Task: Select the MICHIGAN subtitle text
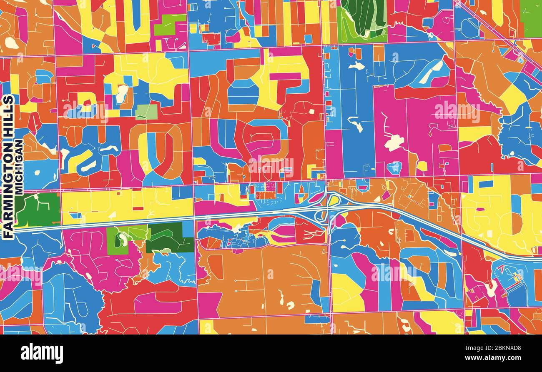(19, 167)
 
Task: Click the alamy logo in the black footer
(42, 353)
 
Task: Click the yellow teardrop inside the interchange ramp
(333, 200)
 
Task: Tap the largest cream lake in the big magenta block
(394, 143)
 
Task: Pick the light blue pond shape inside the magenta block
(394, 167)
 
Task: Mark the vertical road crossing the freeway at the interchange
(329, 250)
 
